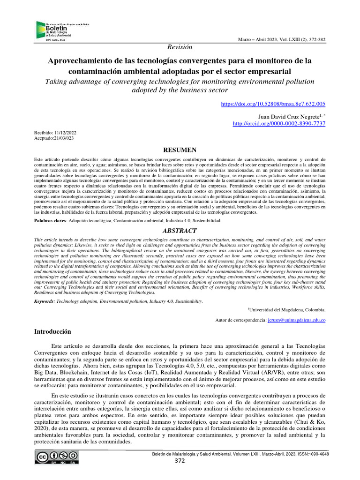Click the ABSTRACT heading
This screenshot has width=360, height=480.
[180, 230]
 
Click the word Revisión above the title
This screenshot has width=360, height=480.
[180, 47]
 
